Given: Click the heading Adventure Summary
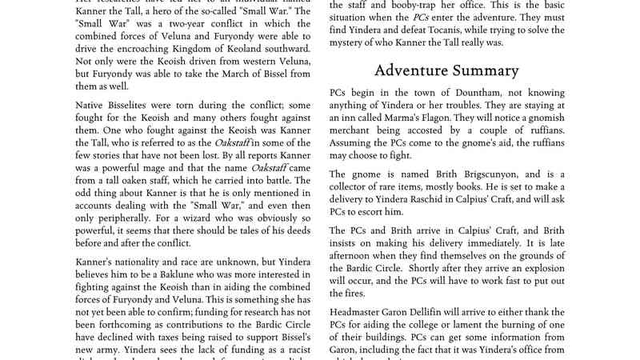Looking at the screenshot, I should [x=446, y=70].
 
